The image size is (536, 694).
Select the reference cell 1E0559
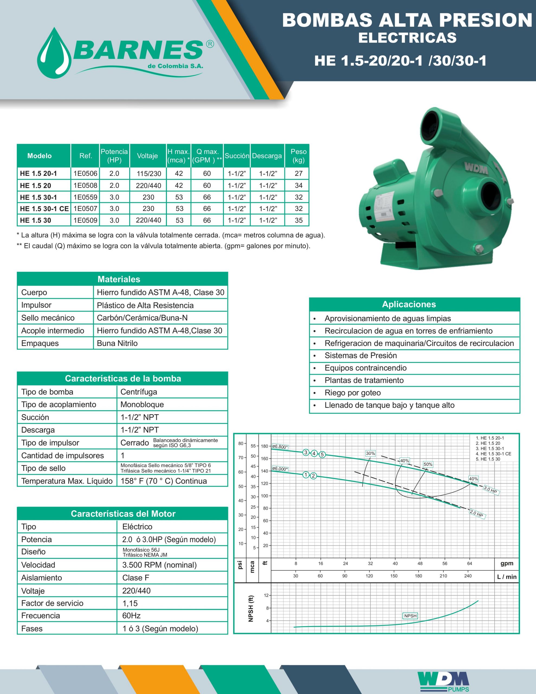(x=85, y=197)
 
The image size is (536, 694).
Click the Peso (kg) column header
(x=298, y=156)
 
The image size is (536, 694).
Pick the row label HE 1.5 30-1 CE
(x=44, y=209)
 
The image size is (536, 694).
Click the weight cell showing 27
(x=298, y=173)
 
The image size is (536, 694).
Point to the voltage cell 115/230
(x=149, y=173)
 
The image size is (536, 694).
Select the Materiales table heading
(x=119, y=279)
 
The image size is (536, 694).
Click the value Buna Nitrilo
(x=117, y=343)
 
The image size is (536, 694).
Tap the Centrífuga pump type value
(x=139, y=392)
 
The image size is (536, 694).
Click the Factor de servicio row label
(x=52, y=603)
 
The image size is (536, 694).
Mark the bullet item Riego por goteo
(x=352, y=393)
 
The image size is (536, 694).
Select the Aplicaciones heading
(x=409, y=304)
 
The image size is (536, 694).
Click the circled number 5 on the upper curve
(x=322, y=454)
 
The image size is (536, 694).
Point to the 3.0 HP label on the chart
(x=490, y=490)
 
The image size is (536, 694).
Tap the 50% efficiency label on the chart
(x=428, y=464)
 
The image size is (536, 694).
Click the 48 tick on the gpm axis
(x=420, y=563)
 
